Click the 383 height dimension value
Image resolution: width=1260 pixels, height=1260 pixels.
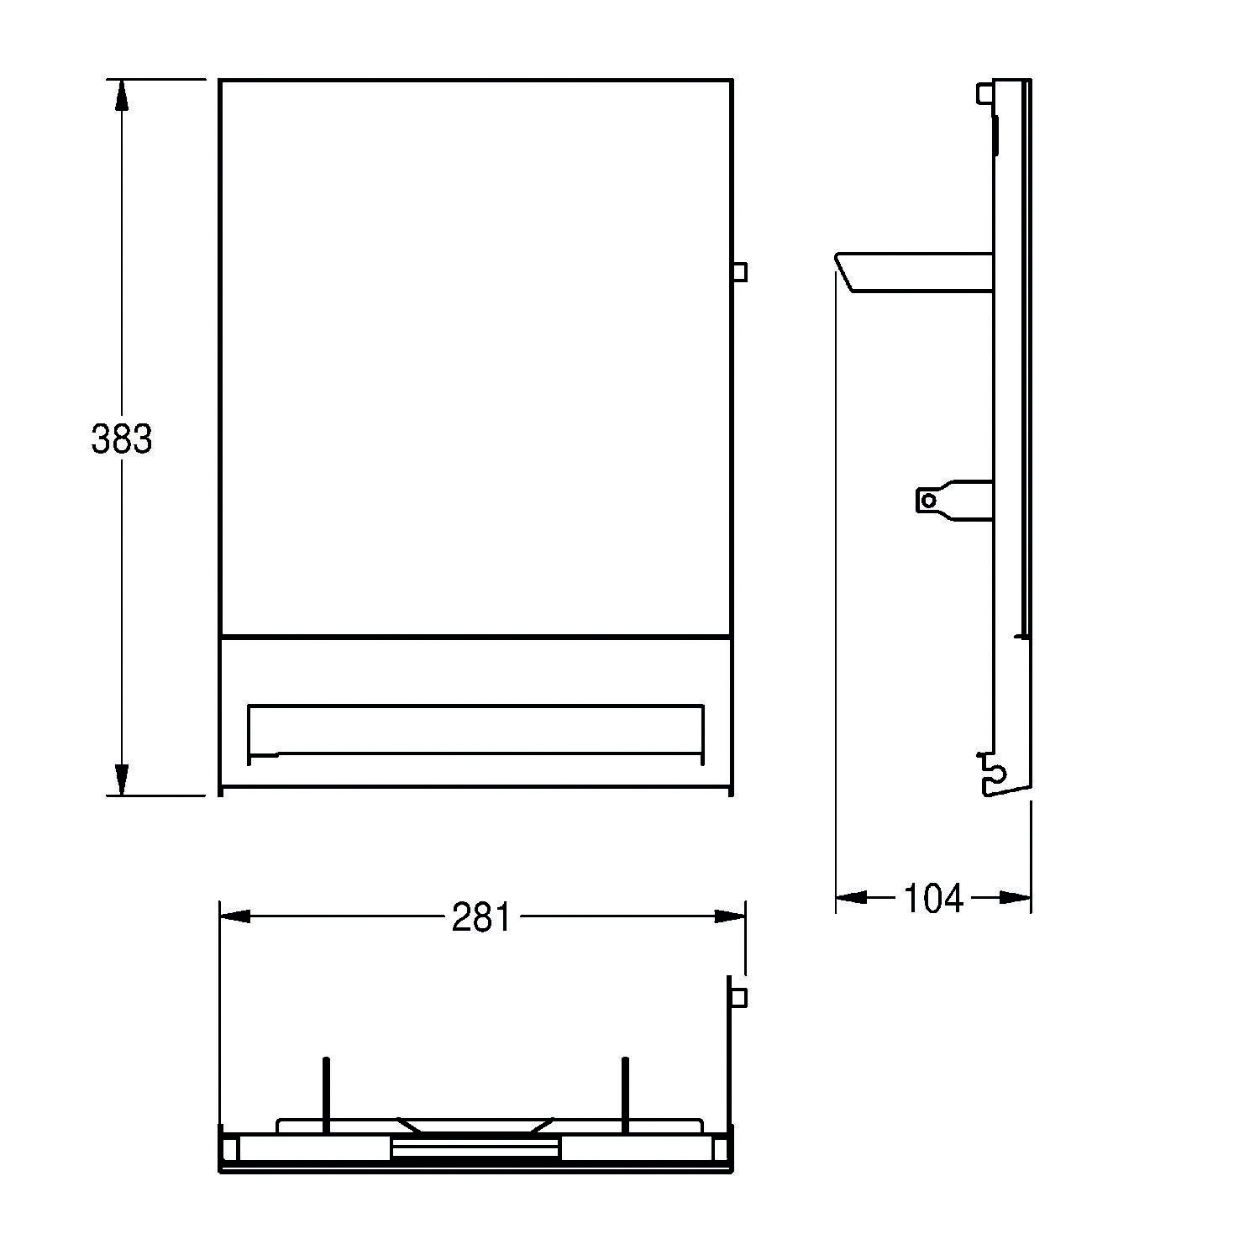[122, 438]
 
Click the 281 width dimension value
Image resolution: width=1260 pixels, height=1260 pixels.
[480, 917]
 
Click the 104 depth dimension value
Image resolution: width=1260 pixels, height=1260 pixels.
[933, 898]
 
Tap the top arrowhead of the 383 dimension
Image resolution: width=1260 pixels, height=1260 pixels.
[122, 93]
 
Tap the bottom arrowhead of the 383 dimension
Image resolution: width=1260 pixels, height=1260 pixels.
[122, 780]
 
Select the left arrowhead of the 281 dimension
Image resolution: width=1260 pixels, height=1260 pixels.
[234, 916]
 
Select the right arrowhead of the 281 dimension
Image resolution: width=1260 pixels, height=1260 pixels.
[729, 916]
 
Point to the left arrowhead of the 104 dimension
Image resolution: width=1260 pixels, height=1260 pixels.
[851, 898]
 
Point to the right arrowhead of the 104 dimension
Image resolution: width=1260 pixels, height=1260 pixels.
[1016, 898]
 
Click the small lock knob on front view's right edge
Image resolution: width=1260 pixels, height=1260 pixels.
[739, 272]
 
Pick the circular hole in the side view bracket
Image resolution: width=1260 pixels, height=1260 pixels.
[928, 501]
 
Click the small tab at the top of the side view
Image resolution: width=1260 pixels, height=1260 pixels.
[984, 92]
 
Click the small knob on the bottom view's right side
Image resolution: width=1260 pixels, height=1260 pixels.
[739, 997]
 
